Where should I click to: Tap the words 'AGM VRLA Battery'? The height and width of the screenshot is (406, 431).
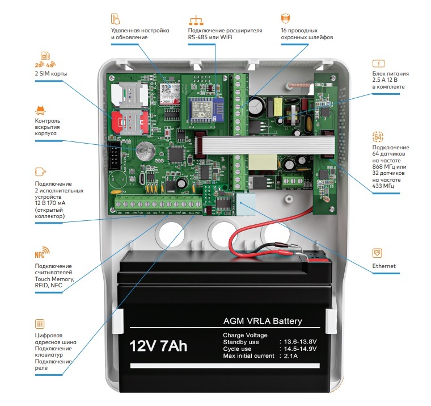pos(263,321)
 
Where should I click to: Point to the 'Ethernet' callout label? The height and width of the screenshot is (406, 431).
pos(384,266)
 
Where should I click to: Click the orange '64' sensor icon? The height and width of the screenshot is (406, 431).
pos(378,136)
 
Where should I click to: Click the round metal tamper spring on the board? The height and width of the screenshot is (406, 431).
pos(144,149)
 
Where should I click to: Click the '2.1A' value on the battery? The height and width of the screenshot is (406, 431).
pos(290,356)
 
